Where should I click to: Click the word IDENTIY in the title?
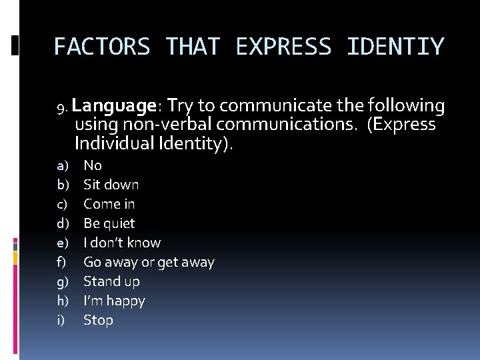395,47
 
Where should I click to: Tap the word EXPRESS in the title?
283,47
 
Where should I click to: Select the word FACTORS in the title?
101,47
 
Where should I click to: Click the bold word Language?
114,105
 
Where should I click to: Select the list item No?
93,165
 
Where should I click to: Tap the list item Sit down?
111,185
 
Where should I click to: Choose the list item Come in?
109,204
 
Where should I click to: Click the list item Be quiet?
109,223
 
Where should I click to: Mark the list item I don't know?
122,243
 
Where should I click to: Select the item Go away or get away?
149,262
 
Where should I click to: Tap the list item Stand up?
111,281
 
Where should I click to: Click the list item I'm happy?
114,301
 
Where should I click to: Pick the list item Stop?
98,320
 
